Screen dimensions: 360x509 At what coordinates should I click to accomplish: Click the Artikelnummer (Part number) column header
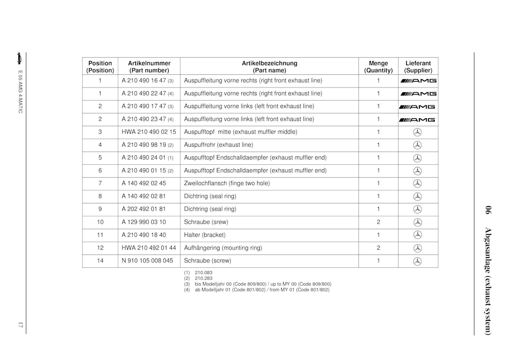149,66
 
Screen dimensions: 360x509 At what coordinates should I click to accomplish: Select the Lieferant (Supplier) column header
418,66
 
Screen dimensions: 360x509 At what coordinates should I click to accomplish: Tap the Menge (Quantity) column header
378,66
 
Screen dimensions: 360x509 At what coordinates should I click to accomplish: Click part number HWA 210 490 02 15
148,132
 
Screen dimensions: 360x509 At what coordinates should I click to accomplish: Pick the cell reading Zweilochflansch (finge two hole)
226,183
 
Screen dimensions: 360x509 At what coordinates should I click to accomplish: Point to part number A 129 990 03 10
144,222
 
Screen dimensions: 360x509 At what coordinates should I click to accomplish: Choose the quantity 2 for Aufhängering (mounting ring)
378,248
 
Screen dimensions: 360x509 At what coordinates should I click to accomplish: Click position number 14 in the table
100,261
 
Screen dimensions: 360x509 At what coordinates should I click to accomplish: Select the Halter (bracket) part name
205,235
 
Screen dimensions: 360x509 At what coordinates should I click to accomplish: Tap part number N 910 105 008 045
147,261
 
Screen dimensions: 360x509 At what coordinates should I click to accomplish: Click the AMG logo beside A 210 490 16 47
418,81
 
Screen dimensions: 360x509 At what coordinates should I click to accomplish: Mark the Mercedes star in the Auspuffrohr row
417,145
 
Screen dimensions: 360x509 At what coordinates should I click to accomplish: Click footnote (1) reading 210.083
198,273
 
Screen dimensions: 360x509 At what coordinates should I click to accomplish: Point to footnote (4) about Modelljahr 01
257,290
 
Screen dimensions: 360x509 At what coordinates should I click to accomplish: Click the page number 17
20,324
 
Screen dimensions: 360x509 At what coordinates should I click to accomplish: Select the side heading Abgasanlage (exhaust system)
487,270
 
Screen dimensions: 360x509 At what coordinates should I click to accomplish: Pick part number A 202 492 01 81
144,209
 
